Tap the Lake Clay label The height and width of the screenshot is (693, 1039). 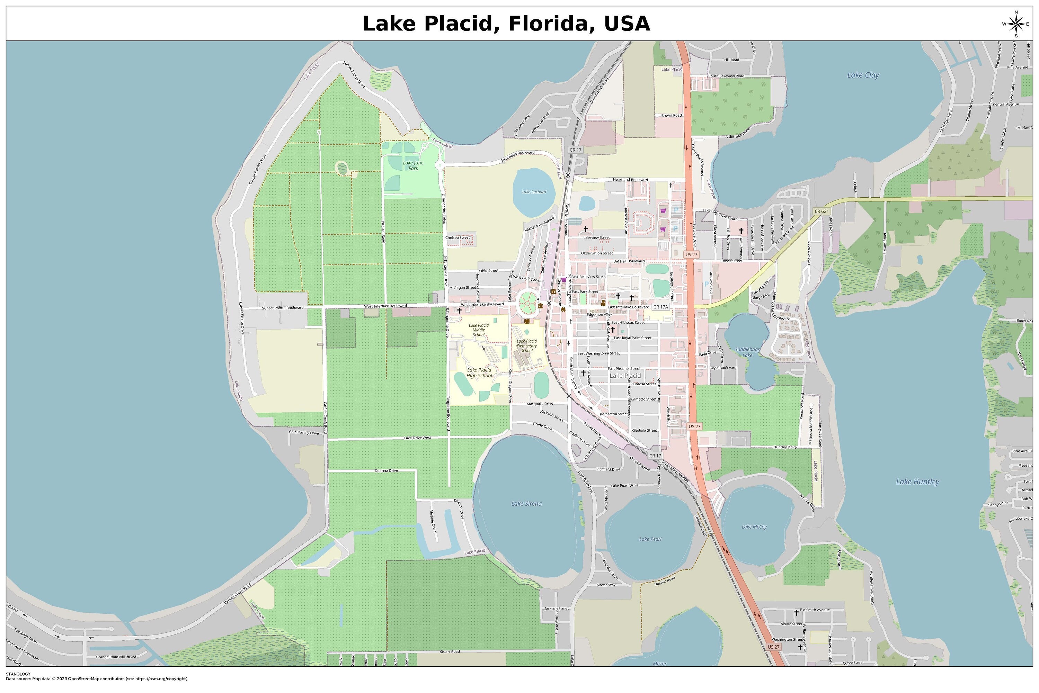863,75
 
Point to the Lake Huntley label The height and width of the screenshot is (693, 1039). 917,482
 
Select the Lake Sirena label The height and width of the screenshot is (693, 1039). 526,503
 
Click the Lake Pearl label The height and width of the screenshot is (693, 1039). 650,539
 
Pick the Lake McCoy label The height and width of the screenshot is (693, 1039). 754,527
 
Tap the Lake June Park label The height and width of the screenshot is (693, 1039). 413,165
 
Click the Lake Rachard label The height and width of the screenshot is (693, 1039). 534,192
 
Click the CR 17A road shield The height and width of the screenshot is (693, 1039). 660,307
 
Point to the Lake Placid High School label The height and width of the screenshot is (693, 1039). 479,372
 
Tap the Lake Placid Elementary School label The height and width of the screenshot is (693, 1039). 526,345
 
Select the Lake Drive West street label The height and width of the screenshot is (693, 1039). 417,438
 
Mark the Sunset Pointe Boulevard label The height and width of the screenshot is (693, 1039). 283,308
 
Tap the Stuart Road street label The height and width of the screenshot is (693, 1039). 449,651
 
